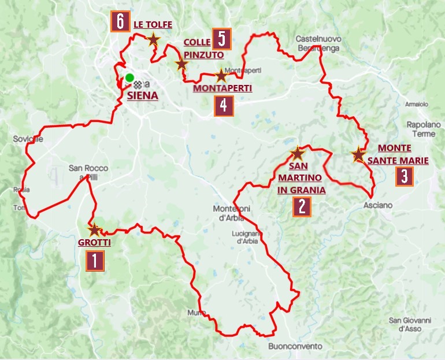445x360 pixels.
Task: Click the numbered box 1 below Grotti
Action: coord(95,261)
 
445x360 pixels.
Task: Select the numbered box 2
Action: coord(302,206)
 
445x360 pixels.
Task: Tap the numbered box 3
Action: coord(404,176)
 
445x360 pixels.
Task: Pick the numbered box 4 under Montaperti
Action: coord(223,106)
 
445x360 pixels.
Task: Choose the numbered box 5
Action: coord(221,39)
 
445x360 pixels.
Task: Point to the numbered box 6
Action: coord(120,22)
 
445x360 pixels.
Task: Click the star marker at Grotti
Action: coord(94,229)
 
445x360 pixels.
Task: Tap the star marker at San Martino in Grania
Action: coord(297,154)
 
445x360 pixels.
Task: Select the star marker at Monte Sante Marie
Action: coord(358,154)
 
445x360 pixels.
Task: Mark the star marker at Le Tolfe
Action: coord(153,39)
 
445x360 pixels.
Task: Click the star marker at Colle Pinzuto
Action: coord(181,64)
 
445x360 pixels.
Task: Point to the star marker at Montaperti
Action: coord(221,76)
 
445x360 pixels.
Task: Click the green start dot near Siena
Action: coord(129,77)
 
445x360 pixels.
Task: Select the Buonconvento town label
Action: coord(295,346)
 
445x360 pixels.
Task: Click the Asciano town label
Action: coord(378,205)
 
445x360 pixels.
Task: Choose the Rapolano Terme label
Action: coord(420,129)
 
